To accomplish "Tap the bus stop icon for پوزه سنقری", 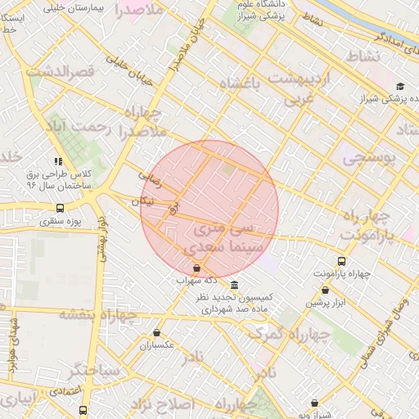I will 61,208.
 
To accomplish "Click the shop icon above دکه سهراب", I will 196,268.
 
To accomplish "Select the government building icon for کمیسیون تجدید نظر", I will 235,285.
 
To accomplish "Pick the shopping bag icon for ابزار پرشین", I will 326,290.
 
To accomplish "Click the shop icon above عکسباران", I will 156,332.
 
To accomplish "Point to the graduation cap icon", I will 400,87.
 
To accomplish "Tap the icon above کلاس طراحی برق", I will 57,162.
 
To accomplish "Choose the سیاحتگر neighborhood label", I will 95,371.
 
